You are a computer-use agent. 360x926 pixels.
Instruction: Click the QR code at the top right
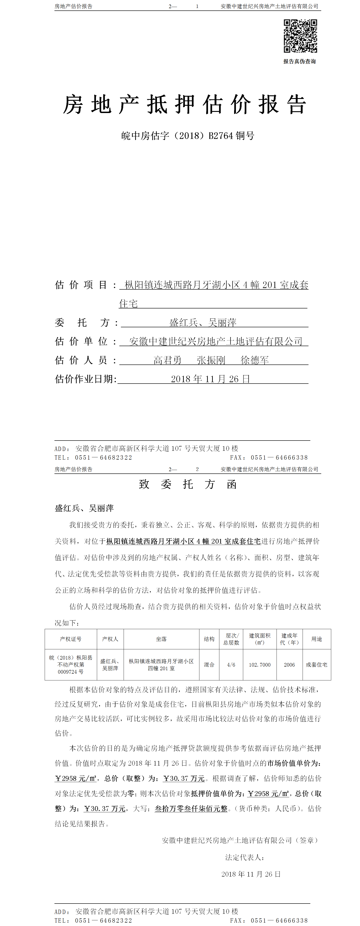pos(300,36)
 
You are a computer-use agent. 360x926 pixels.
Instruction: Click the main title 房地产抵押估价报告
pos(185,105)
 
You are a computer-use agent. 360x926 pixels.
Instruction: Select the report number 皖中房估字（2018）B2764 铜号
pos(188,136)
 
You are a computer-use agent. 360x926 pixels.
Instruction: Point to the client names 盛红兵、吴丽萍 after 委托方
pos(203,323)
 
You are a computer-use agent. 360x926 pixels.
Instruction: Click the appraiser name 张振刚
pos(211,360)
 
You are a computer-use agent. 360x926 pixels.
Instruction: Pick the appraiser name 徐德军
pos(255,360)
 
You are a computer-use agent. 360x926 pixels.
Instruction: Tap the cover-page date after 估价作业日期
pos(210,379)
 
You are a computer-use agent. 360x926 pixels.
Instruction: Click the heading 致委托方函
pos(188,484)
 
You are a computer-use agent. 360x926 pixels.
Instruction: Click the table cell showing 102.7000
pos(260,665)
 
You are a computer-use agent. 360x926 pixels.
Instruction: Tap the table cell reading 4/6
pos(231,665)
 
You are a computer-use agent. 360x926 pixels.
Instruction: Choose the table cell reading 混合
pos(209,665)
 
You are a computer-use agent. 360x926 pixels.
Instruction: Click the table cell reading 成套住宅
pos(316,665)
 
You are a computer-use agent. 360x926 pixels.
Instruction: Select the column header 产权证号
pos(71,639)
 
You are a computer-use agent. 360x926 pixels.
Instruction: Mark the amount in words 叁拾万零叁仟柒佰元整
pos(191,808)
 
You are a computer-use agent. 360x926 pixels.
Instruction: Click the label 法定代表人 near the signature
pos(245,857)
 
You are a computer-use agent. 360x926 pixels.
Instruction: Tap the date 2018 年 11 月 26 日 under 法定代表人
pos(251,874)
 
